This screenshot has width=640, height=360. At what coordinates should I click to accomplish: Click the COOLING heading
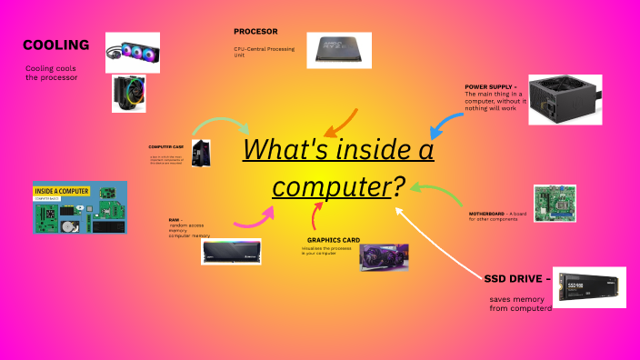pyautogui.click(x=55, y=45)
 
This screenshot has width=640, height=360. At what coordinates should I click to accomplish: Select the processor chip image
pyautogui.click(x=337, y=50)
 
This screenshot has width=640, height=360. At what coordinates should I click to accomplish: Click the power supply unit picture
pyautogui.click(x=565, y=100)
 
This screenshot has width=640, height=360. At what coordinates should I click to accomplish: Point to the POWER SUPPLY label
pyautogui.click(x=490, y=87)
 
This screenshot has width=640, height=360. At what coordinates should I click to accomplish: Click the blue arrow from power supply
pyautogui.click(x=446, y=117)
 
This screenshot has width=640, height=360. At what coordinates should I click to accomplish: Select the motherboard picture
pyautogui.click(x=554, y=205)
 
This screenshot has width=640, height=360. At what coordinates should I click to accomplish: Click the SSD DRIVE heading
pyautogui.click(x=517, y=277)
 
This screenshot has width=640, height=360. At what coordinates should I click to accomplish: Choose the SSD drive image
pyautogui.click(x=591, y=286)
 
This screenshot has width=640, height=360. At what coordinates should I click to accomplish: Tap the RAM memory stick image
pyautogui.click(x=231, y=251)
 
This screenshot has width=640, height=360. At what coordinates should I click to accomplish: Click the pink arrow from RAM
pyautogui.click(x=255, y=218)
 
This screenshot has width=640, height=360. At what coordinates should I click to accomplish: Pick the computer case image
pyautogui.click(x=201, y=153)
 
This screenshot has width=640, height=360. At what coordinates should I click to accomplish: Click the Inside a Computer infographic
pyautogui.click(x=79, y=207)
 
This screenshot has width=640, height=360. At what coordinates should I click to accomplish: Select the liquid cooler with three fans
pyautogui.click(x=133, y=52)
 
